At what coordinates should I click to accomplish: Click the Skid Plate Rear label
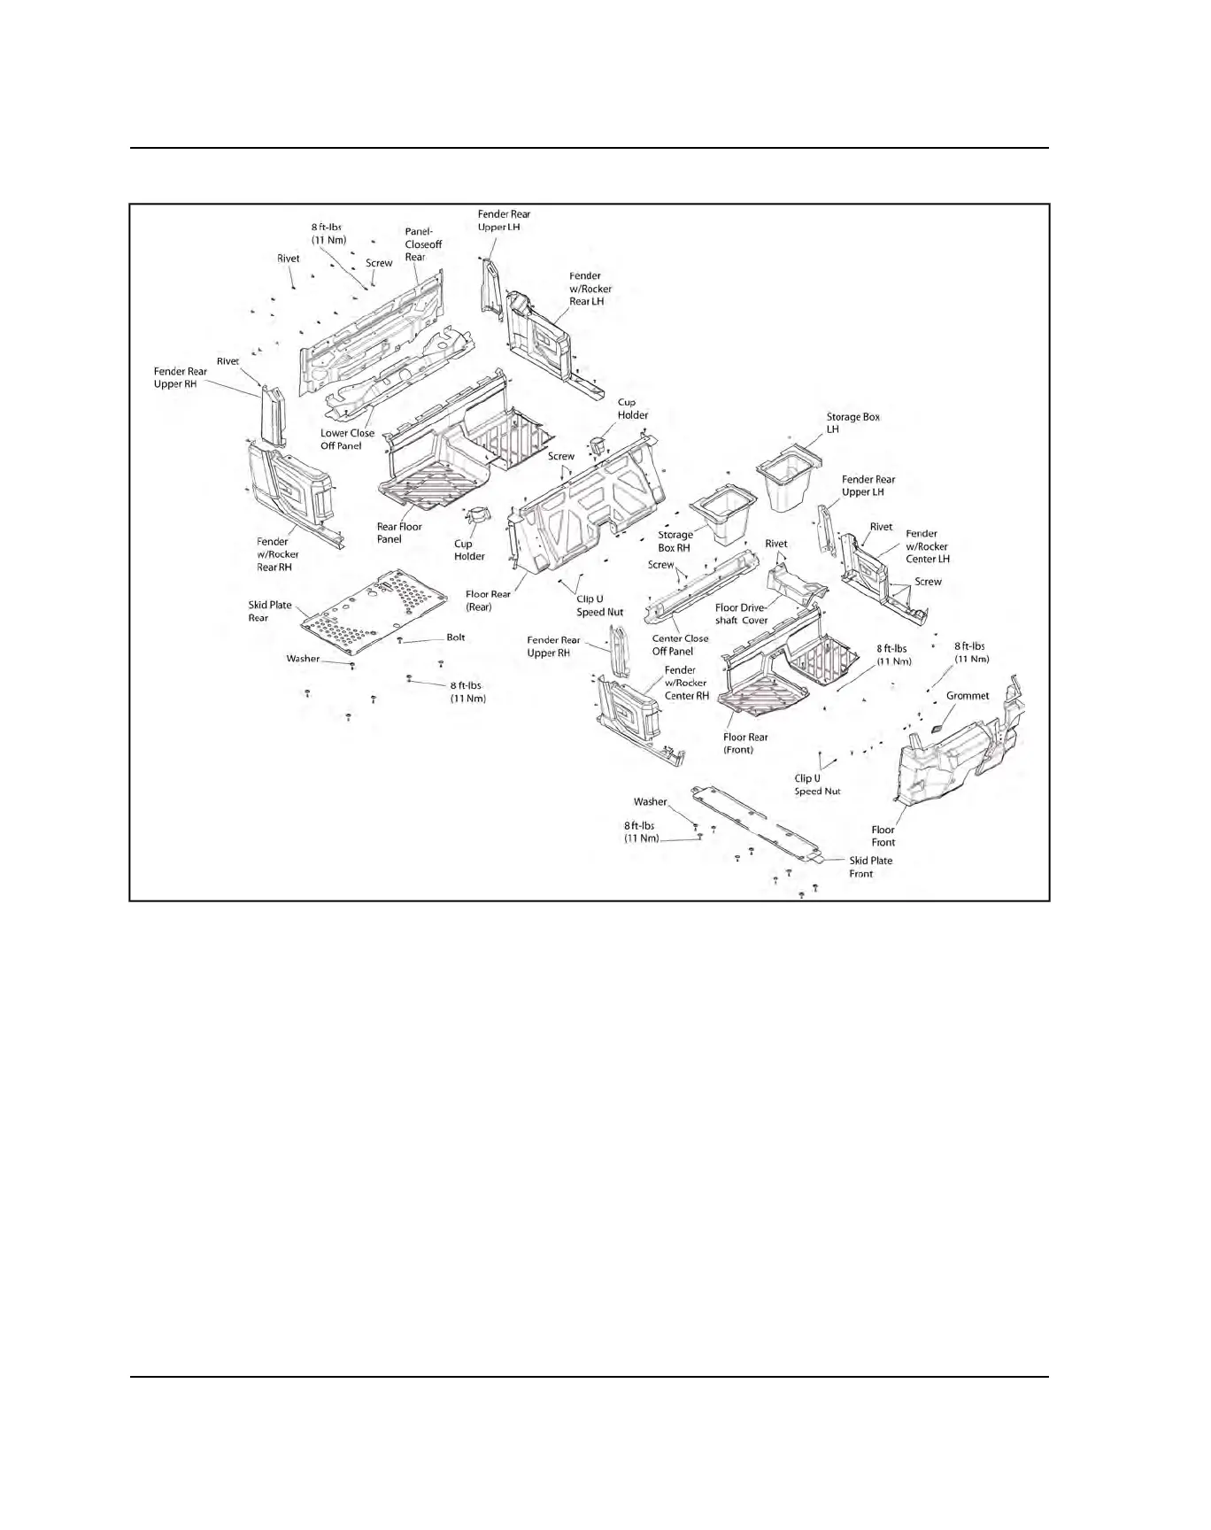(x=269, y=611)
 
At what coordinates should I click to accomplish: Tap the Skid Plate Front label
(x=870, y=867)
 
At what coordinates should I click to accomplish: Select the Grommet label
(x=967, y=696)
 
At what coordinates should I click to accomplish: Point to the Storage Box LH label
(x=852, y=422)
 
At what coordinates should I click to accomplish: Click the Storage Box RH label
(x=675, y=541)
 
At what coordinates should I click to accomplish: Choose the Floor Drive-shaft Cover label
(x=741, y=614)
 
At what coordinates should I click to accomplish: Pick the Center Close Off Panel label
(x=680, y=645)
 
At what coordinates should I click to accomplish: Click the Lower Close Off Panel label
(x=347, y=439)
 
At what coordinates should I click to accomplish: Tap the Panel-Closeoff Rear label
(x=423, y=244)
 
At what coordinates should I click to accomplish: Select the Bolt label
(x=455, y=637)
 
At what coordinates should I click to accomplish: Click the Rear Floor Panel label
(x=399, y=532)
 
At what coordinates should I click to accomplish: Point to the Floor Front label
(x=883, y=836)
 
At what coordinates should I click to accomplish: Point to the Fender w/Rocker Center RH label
(x=686, y=683)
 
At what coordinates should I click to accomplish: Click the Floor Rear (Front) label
(x=744, y=743)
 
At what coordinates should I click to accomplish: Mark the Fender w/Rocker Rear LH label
(x=590, y=289)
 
